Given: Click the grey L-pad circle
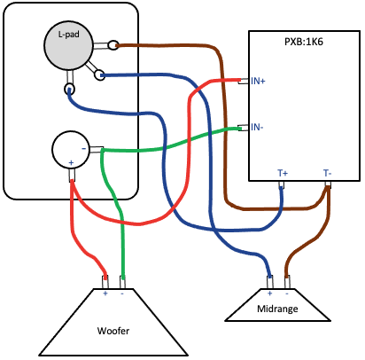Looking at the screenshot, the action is pyautogui.click(x=68, y=47).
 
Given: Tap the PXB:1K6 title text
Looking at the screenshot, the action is pyautogui.click(x=303, y=42).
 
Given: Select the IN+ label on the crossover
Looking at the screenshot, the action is pyautogui.click(x=258, y=81).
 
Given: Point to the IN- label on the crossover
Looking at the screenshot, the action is pyautogui.click(x=257, y=127).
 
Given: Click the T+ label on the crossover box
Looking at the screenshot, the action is pyautogui.click(x=283, y=173).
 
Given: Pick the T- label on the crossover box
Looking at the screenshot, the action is pyautogui.click(x=327, y=173).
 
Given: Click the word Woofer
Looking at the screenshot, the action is pyautogui.click(x=113, y=331).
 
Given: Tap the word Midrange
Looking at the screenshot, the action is pyautogui.click(x=277, y=309).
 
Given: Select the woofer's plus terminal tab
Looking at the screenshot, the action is pyautogui.click(x=105, y=282).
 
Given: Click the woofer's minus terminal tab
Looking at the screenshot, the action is pyautogui.click(x=122, y=282).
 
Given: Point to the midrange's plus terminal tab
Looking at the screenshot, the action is pyautogui.click(x=270, y=282).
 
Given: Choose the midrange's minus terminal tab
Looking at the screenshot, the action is pyautogui.click(x=287, y=282).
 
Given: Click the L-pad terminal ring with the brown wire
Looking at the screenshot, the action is pyautogui.click(x=113, y=45).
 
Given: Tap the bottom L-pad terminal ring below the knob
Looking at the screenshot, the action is pyautogui.click(x=70, y=89).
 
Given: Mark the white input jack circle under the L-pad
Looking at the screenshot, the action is pyautogui.click(x=71, y=150).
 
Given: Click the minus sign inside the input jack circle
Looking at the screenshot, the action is pyautogui.click(x=84, y=148).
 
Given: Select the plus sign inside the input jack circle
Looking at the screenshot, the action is pyautogui.click(x=71, y=162).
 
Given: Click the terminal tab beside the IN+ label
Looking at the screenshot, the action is pyautogui.click(x=243, y=81).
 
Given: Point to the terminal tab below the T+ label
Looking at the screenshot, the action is pyautogui.click(x=282, y=185).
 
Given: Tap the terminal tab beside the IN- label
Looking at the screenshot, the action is pyautogui.click(x=243, y=128).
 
